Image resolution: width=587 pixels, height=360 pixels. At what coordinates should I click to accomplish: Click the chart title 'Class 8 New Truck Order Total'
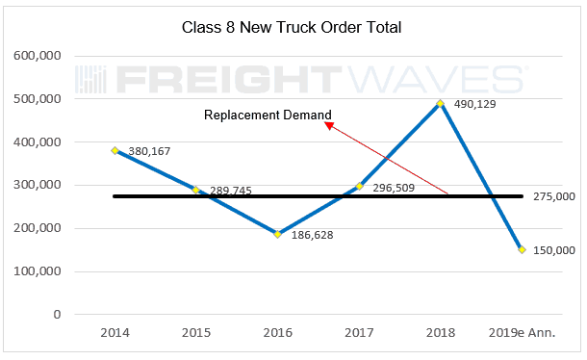point(292,27)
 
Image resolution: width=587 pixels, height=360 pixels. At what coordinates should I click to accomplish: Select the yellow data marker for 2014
point(115,150)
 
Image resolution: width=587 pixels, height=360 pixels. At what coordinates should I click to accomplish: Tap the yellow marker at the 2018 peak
point(441,103)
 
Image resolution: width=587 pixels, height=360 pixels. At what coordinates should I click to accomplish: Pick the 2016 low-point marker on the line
point(277,234)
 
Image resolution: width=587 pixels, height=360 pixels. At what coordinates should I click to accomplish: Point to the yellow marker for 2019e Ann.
point(522,250)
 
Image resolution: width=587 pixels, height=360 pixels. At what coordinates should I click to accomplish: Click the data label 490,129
point(475,104)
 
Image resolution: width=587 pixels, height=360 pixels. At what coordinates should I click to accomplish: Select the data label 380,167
point(149,151)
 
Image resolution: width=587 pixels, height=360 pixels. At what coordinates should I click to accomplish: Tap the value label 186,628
point(312,235)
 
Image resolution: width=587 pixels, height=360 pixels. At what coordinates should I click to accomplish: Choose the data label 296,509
point(394,188)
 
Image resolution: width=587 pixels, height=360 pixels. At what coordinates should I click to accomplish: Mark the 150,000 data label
point(554,250)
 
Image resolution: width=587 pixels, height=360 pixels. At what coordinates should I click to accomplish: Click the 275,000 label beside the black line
point(554,196)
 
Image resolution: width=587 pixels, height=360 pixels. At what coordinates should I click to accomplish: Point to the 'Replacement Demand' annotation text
point(268,115)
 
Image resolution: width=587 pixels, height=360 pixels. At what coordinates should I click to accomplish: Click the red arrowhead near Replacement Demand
point(329,125)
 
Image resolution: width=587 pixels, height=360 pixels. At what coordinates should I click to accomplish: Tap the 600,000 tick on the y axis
point(38,56)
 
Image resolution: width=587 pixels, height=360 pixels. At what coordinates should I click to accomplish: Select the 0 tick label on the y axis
point(57,315)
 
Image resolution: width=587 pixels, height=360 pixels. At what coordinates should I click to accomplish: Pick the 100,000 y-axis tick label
point(38,271)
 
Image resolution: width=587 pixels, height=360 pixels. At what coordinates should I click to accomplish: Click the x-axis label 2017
point(359,333)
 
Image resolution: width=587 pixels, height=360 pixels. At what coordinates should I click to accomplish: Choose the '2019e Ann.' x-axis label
point(522,333)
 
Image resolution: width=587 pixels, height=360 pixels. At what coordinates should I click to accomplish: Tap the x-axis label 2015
point(196,333)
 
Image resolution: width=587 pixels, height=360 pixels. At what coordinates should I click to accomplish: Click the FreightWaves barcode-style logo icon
point(90,80)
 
